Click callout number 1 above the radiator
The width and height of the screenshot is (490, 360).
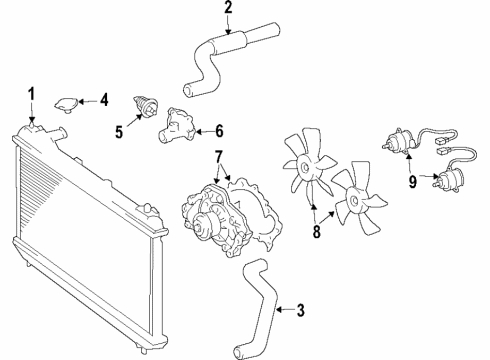[x=32, y=95]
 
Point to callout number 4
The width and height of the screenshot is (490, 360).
[x=105, y=100]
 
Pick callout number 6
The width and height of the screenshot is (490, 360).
[x=219, y=129]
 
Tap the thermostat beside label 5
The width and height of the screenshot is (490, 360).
[x=147, y=107]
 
